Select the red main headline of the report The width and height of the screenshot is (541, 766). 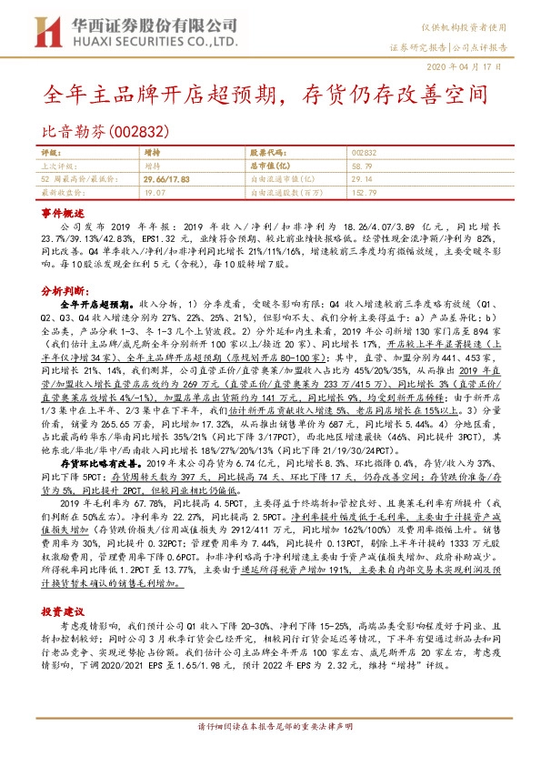(270, 94)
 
